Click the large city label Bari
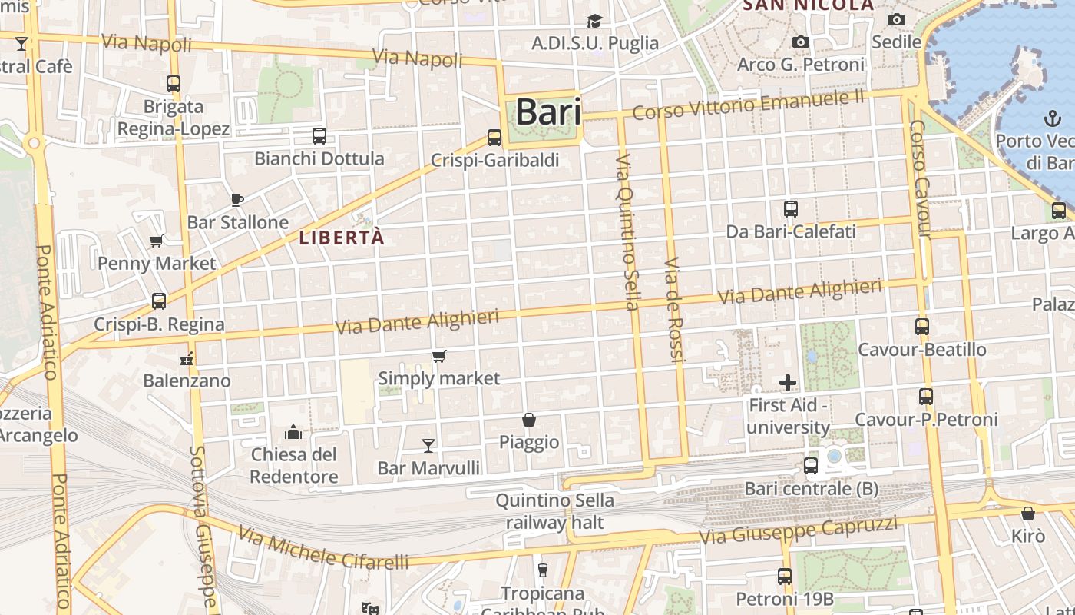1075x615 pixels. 547,112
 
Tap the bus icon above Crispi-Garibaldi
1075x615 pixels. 495,138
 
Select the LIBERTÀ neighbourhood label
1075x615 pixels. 342,238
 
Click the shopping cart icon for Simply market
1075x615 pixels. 438,356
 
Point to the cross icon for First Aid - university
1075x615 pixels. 788,382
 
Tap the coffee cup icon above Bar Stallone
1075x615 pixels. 237,200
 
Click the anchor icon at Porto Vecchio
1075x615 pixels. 1051,118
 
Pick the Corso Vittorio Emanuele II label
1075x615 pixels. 749,105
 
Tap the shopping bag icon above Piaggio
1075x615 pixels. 529,420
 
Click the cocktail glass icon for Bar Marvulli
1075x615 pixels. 428,445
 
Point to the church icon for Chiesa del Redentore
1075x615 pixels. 293,432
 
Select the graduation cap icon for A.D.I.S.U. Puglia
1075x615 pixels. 595,21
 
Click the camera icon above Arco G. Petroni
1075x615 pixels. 801,42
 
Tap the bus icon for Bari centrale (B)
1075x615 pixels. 811,465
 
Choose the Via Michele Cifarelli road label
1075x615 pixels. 323,548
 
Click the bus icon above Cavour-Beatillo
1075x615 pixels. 922,326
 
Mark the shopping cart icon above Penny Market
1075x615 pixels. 157,241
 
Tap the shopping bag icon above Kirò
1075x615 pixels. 1028,513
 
